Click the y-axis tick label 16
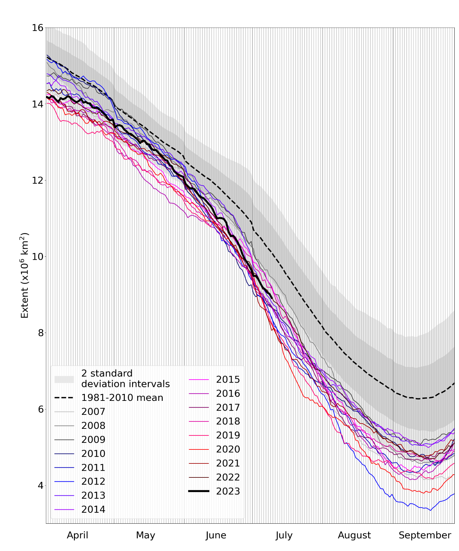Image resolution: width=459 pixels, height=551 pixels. (x=38, y=28)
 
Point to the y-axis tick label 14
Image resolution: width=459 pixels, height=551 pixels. (x=38, y=104)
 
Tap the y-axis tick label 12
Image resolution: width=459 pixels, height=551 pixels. (x=38, y=180)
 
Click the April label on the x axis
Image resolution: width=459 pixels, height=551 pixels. (x=78, y=535)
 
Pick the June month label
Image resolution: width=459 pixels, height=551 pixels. (x=216, y=535)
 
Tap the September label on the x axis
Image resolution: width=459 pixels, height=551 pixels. (x=425, y=535)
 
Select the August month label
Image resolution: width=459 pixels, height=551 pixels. (x=354, y=535)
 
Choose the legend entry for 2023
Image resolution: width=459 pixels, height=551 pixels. (x=228, y=491)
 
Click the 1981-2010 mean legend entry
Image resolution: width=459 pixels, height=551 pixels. (x=122, y=398)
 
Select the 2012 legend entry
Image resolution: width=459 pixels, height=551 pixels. (x=93, y=481)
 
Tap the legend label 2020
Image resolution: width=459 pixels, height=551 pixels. (x=228, y=449)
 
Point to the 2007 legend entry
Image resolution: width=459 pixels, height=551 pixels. (x=93, y=412)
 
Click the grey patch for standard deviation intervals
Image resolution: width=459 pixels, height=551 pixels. (x=64, y=379)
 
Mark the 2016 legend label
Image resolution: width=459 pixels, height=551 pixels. (x=228, y=394)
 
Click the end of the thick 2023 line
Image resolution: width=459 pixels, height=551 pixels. (x=272, y=298)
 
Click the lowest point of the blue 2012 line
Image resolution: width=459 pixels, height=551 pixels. (x=430, y=510)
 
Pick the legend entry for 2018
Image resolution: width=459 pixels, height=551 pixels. (x=228, y=421)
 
